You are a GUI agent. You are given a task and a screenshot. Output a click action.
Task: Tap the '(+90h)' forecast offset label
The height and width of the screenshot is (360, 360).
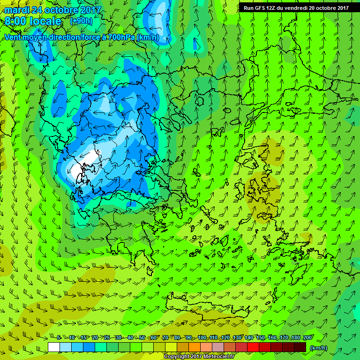click(81, 21)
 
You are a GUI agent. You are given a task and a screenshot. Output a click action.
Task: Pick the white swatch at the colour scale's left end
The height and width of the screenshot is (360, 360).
click(54, 347)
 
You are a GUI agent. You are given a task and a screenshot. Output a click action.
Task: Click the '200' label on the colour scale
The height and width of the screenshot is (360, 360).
click(307, 338)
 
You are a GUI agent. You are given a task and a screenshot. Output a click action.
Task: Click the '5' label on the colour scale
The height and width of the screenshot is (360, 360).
click(59, 338)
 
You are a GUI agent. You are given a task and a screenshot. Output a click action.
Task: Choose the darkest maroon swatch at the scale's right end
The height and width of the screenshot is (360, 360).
click(300, 347)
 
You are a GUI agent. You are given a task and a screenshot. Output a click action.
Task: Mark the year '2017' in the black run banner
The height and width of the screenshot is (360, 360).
click(339, 7)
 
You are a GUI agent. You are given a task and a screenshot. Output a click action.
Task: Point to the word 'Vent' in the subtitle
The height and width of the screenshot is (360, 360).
click(14, 37)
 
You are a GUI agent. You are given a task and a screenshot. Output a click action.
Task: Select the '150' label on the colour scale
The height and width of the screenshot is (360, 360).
click(261, 338)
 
